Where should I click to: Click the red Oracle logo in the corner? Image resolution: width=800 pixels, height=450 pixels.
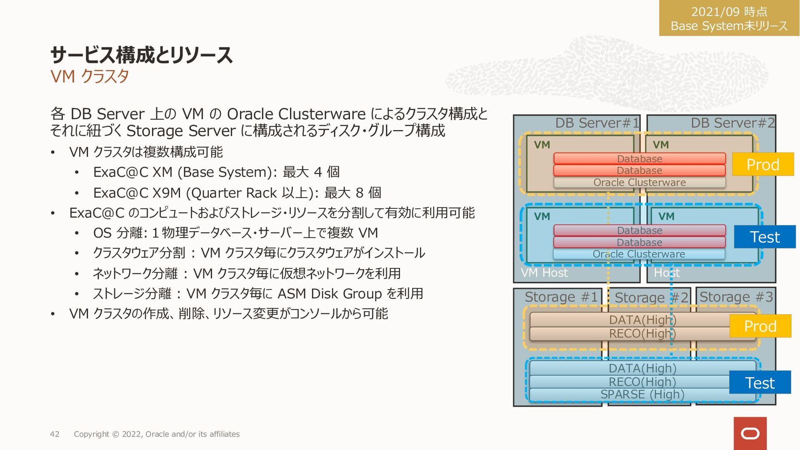coord(750,433)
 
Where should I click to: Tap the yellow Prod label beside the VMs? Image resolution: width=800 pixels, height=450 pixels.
coord(762,165)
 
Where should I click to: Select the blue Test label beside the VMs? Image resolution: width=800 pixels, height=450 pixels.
coord(765,237)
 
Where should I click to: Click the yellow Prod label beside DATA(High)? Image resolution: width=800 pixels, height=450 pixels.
coord(760,326)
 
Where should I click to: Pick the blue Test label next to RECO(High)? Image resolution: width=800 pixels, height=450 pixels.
coord(760,382)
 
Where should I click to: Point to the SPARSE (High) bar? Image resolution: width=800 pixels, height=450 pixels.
coord(642,394)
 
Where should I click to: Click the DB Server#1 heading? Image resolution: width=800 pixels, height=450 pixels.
coord(597,123)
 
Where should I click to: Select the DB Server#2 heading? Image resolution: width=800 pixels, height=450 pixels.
coord(732,123)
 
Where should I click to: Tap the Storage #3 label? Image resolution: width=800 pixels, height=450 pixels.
coord(736,297)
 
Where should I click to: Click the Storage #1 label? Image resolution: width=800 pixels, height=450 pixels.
coord(561,297)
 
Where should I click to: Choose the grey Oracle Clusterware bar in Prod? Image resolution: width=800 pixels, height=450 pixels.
coord(639,182)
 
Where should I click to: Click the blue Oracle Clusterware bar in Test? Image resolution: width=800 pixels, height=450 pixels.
coord(639,254)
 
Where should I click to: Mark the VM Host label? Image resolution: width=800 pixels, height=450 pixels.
coord(544,273)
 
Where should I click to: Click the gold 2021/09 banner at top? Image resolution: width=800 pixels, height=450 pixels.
coord(729,18)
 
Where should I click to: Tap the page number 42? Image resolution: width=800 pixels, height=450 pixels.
coord(55,434)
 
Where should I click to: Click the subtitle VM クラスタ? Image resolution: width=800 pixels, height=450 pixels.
coord(89,77)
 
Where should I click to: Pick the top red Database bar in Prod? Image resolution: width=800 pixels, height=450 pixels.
coord(639,159)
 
